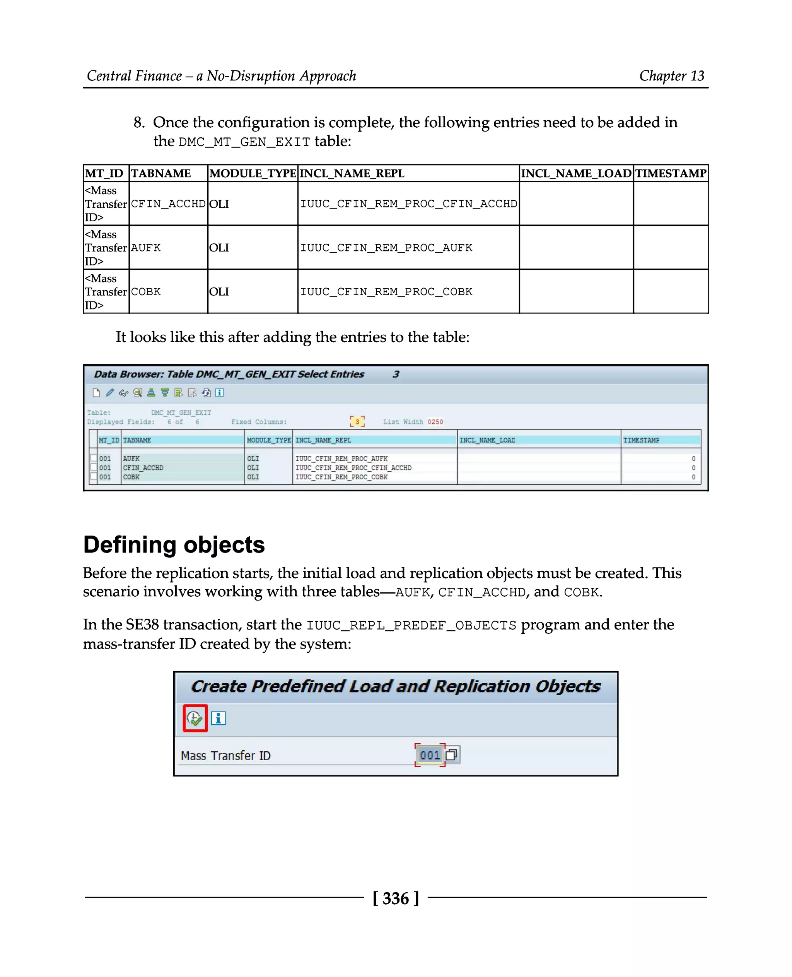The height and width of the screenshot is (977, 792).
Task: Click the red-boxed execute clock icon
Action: [x=195, y=718]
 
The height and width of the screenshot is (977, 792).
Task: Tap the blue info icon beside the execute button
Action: [x=218, y=718]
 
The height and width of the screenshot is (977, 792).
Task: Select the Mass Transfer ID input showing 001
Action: [x=429, y=755]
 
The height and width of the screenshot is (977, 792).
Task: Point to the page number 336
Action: [x=396, y=898]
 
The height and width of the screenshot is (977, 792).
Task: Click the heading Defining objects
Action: [x=174, y=545]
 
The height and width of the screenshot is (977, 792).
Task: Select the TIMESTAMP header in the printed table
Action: [x=670, y=173]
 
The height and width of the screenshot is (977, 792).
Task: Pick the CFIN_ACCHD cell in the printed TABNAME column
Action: [x=168, y=204]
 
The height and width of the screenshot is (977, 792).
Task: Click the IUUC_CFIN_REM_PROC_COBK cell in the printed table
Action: [x=386, y=292]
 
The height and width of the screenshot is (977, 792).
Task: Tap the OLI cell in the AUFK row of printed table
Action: [x=219, y=248]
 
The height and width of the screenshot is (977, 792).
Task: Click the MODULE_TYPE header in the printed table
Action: [x=252, y=173]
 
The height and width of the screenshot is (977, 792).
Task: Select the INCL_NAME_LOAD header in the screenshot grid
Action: [x=487, y=440]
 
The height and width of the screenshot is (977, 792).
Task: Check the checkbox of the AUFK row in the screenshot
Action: [x=94, y=458]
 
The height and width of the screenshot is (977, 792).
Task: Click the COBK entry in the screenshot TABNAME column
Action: [x=131, y=477]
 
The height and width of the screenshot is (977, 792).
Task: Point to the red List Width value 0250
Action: [x=435, y=422]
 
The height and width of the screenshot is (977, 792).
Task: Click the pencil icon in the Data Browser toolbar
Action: [x=110, y=393]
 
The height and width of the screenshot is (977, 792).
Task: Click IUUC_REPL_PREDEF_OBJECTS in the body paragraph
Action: [x=411, y=625]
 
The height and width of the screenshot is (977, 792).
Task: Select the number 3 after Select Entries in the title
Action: [x=396, y=375]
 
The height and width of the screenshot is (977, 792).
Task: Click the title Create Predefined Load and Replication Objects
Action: [x=396, y=687]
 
